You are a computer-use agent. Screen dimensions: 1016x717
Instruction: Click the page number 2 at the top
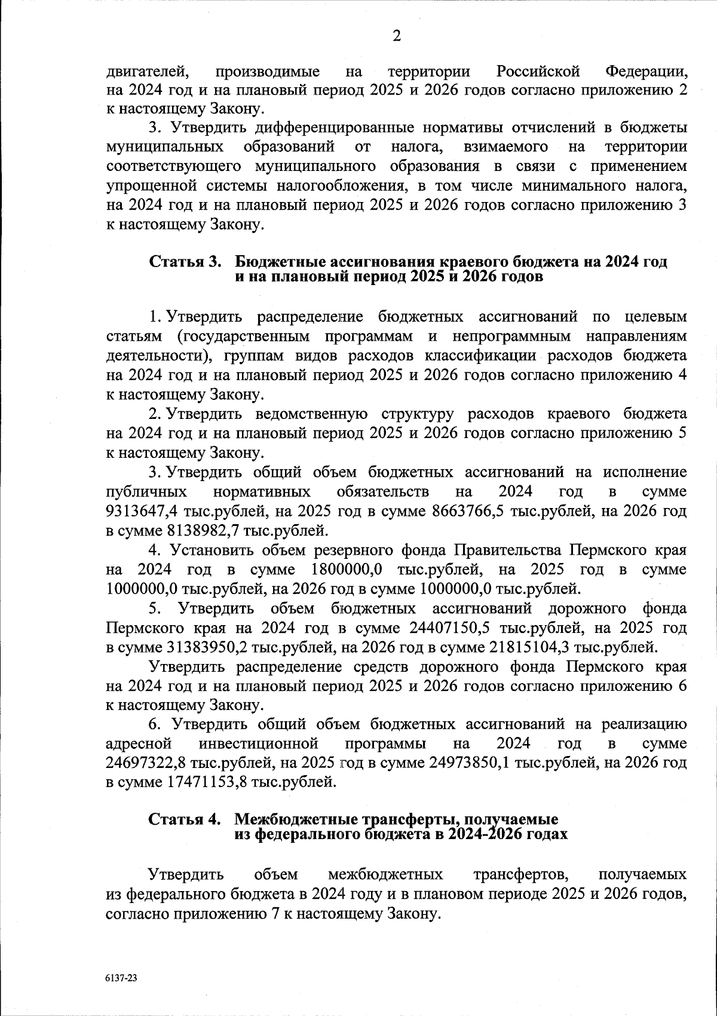coord(396,36)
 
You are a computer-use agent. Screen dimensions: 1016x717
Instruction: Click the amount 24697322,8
coord(146,763)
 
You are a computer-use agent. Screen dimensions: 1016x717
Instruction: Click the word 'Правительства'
coord(507,550)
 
